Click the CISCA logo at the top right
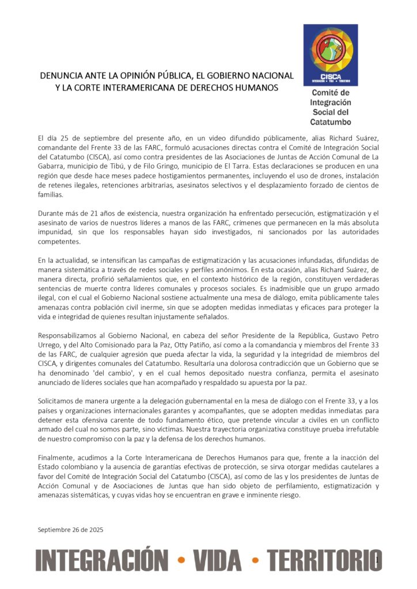click(x=331, y=55)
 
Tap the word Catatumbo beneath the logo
click(x=331, y=122)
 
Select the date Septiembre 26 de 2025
click(x=70, y=529)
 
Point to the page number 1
click(x=377, y=560)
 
